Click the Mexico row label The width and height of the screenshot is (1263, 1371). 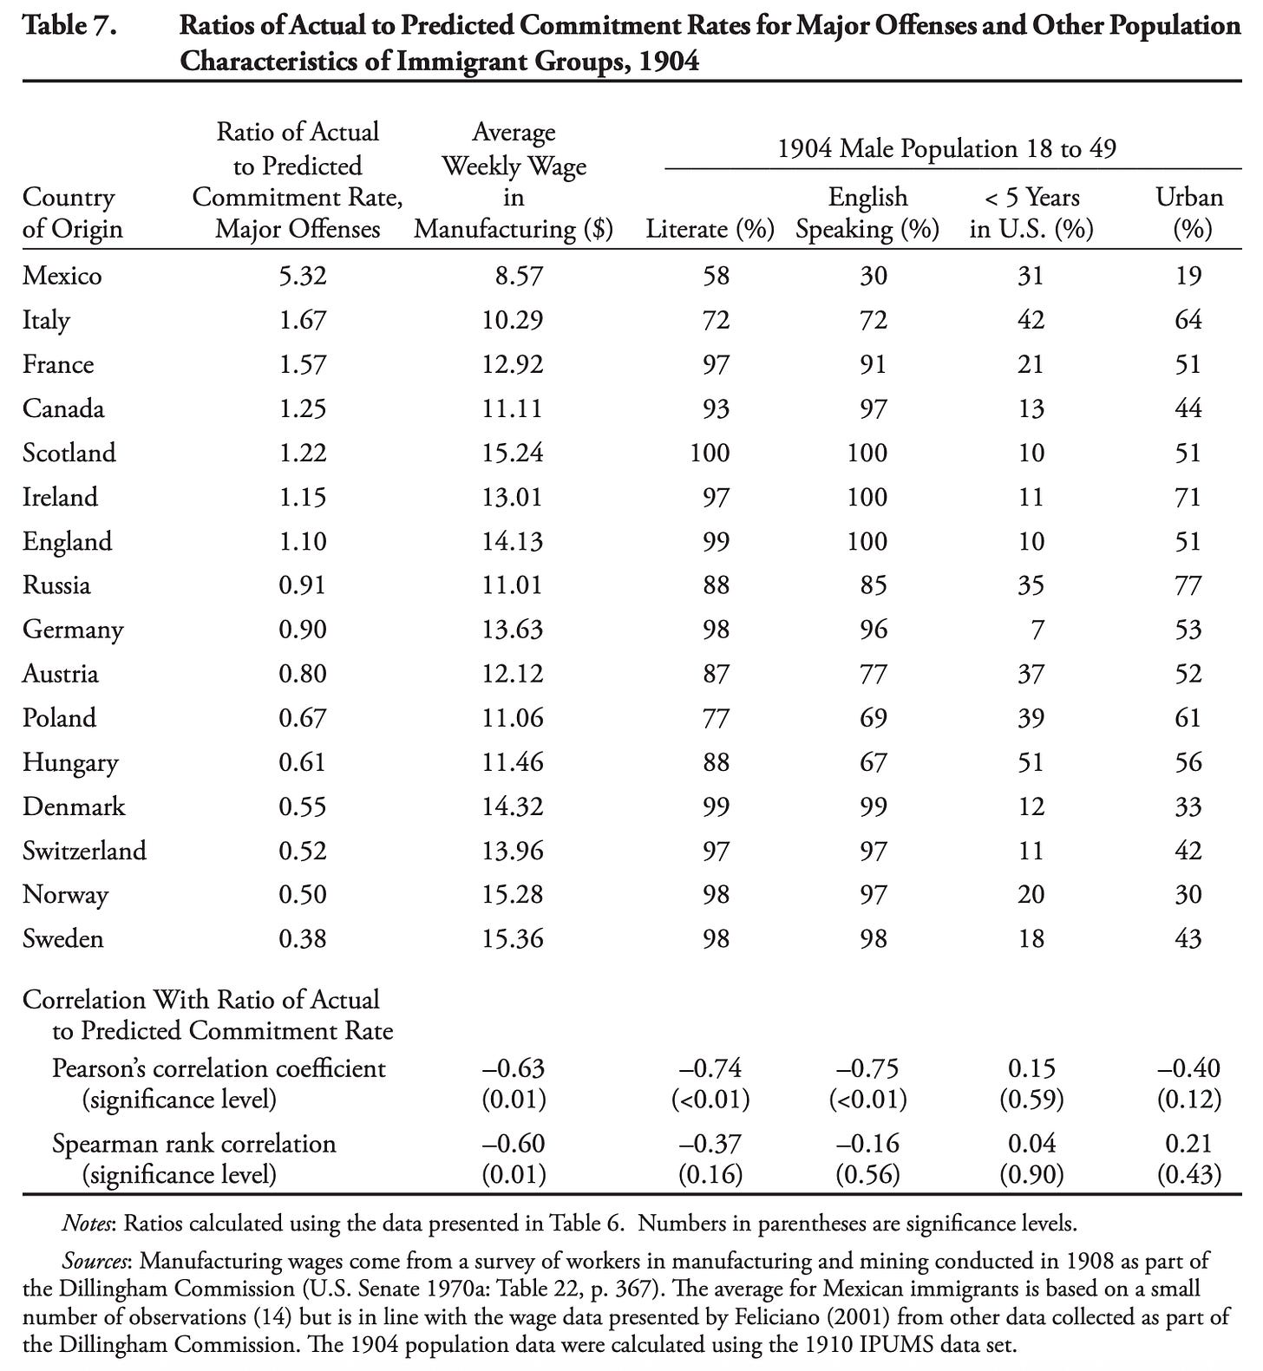[62, 276]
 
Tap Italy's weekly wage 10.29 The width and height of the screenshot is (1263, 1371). [513, 320]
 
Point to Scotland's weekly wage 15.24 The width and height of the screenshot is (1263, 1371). [513, 453]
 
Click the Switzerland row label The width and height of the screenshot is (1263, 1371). [84, 851]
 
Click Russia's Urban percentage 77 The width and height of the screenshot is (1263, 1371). [1188, 585]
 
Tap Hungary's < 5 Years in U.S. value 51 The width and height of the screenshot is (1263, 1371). [1031, 762]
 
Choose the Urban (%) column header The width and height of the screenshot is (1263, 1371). [1189, 212]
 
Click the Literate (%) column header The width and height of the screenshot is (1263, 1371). [710, 229]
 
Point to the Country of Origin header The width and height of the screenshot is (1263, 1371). [72, 212]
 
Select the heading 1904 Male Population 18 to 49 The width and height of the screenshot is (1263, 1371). [946, 149]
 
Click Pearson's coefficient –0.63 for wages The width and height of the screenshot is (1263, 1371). [513, 1067]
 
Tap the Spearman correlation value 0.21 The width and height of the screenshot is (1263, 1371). [1188, 1143]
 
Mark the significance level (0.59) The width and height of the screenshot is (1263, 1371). [1031, 1100]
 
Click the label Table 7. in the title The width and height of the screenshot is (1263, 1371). [69, 25]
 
